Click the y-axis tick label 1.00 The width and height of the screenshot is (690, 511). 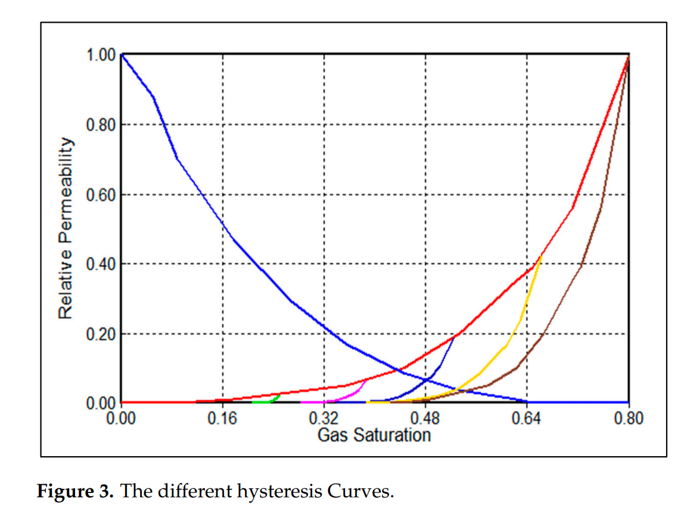pos(100,55)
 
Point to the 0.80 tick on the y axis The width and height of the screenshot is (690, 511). pos(100,125)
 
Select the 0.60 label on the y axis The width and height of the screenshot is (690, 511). pos(100,195)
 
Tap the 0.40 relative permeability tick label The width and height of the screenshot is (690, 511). pos(100,264)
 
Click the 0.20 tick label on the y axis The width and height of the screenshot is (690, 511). pos(100,334)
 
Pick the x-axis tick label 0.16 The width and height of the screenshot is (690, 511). pos(222,418)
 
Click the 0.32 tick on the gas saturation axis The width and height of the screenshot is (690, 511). pos(324,418)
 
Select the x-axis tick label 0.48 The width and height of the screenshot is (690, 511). pos(425,418)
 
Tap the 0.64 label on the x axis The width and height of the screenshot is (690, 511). pos(527,418)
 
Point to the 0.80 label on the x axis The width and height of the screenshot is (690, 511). pos(628,418)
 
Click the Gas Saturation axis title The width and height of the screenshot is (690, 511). pos(374,435)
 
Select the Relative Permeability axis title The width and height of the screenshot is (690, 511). pos(66,229)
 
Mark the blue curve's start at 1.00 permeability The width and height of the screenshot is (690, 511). pos(122,55)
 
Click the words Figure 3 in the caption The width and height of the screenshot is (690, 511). pos(76,492)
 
